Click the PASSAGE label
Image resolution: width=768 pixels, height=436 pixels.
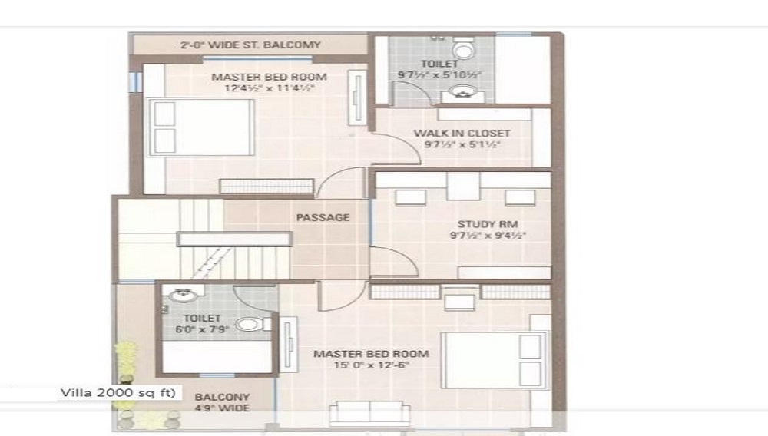point(323,217)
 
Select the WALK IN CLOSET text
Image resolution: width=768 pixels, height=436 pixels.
point(462,133)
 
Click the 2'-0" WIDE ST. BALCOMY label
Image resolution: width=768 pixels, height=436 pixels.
point(250,45)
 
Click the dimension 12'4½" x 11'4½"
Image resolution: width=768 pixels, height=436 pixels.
point(269,88)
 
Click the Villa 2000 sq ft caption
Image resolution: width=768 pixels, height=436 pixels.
point(118,393)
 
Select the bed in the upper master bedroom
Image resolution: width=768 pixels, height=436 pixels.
point(200,127)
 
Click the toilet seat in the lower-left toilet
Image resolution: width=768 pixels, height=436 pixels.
point(250,324)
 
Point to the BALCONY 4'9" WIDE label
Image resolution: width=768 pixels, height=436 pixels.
point(222,402)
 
